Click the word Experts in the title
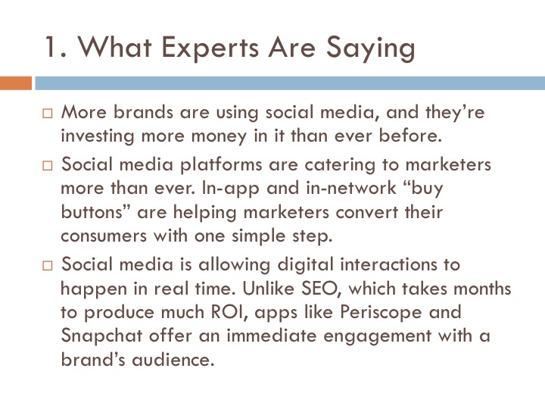(210, 48)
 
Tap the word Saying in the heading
(370, 48)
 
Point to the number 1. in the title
(55, 47)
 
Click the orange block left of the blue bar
(16, 83)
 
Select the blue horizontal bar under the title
(290, 83)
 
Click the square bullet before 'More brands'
(47, 114)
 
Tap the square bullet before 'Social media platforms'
(47, 166)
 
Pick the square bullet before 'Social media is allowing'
(47, 266)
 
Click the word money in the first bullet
(219, 136)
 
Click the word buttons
(92, 212)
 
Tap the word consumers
(104, 236)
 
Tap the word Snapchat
(101, 336)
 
